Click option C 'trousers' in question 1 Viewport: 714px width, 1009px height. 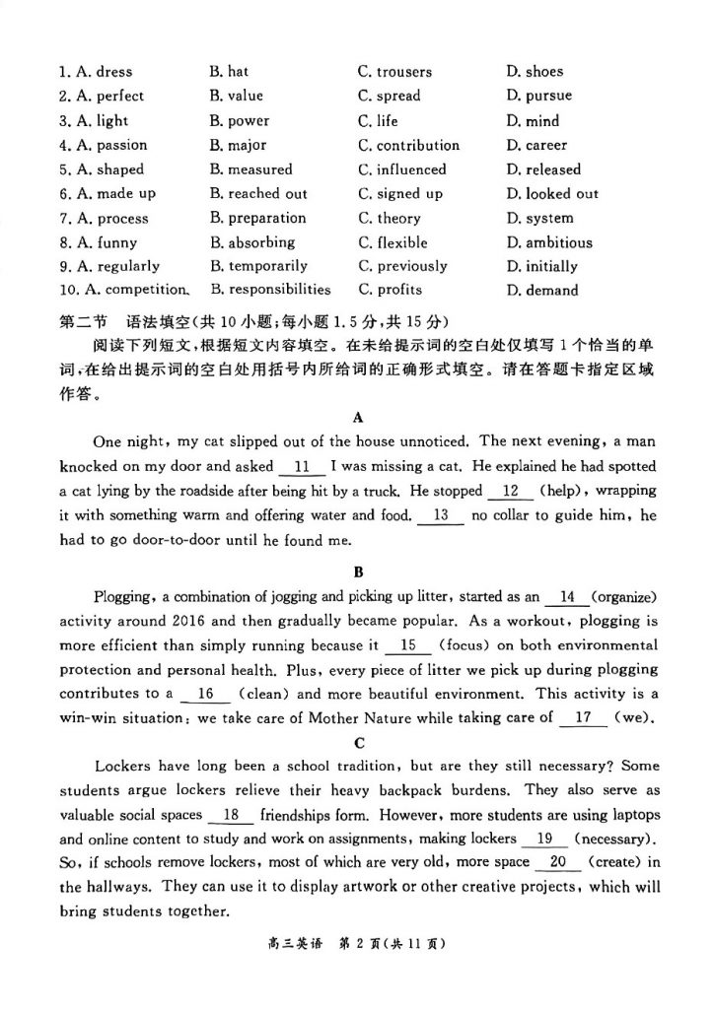(x=394, y=72)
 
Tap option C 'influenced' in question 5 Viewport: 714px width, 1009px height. (x=402, y=169)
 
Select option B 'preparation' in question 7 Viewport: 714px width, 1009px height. (x=257, y=219)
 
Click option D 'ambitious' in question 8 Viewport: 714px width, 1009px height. (x=549, y=242)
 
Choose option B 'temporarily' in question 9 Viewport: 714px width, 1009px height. (x=258, y=266)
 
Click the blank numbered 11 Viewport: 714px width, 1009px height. (x=302, y=466)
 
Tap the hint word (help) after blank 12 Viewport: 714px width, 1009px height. (x=559, y=491)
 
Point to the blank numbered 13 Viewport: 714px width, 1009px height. (x=441, y=515)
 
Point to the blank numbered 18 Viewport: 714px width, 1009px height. (x=233, y=815)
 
